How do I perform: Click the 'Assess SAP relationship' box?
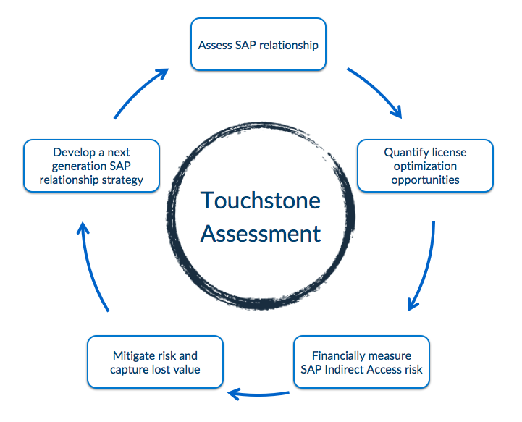point(258,44)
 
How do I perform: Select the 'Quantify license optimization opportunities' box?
point(425,166)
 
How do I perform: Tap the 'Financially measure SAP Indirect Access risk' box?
point(361,363)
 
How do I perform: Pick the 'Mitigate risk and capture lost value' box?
point(155,363)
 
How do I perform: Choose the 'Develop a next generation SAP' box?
point(91,166)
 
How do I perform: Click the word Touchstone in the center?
point(260,200)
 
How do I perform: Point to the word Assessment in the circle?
point(260,234)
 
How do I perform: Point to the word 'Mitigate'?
point(134,356)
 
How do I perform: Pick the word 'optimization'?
point(425,166)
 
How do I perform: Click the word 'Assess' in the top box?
point(214,45)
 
